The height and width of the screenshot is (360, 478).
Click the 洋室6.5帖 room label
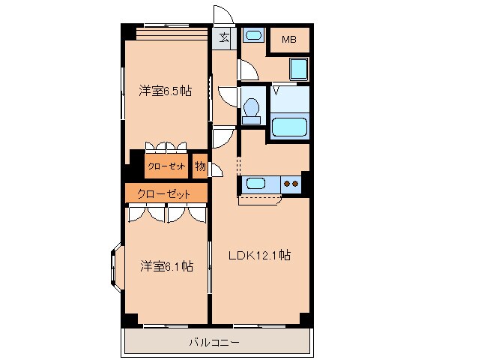point(166,91)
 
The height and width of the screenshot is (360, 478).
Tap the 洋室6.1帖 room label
point(166,266)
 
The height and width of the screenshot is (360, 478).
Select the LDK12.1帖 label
point(259,255)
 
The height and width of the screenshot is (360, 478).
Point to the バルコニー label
point(214,342)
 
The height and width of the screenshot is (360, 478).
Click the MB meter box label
point(289,39)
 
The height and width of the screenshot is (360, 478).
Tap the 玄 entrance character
point(224,37)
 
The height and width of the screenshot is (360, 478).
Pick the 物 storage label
point(200,166)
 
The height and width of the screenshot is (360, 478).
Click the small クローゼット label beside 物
point(166,166)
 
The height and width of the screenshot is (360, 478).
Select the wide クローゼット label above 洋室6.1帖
point(163,194)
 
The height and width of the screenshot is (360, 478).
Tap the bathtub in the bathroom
point(289,127)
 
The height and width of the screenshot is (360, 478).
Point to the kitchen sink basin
point(255,184)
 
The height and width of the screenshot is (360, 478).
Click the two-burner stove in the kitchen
point(291,184)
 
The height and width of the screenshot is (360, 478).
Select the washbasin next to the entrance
point(253,35)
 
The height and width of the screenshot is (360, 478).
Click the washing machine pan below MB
point(298,70)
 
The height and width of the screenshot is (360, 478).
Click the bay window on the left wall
point(116,268)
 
